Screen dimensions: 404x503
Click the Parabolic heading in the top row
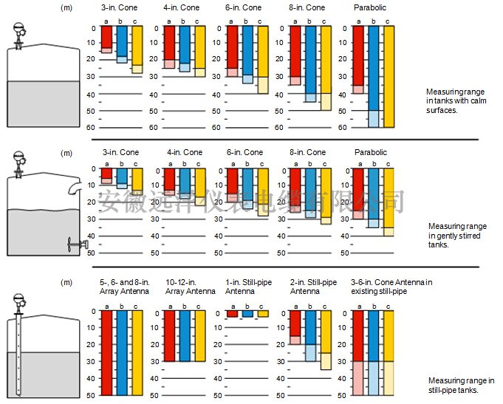pos(369,7)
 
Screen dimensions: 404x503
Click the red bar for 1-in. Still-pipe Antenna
pos(232,314)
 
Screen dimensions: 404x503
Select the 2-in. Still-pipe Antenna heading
pos(309,287)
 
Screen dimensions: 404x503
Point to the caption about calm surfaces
pos(452,100)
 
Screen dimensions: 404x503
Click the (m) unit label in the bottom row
pos(66,282)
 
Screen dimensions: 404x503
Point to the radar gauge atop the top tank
pos(21,31)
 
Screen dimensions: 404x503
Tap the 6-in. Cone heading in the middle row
pos(244,152)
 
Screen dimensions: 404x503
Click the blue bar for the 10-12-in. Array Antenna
pos(185,336)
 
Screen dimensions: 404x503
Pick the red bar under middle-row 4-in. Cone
pos(169,180)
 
